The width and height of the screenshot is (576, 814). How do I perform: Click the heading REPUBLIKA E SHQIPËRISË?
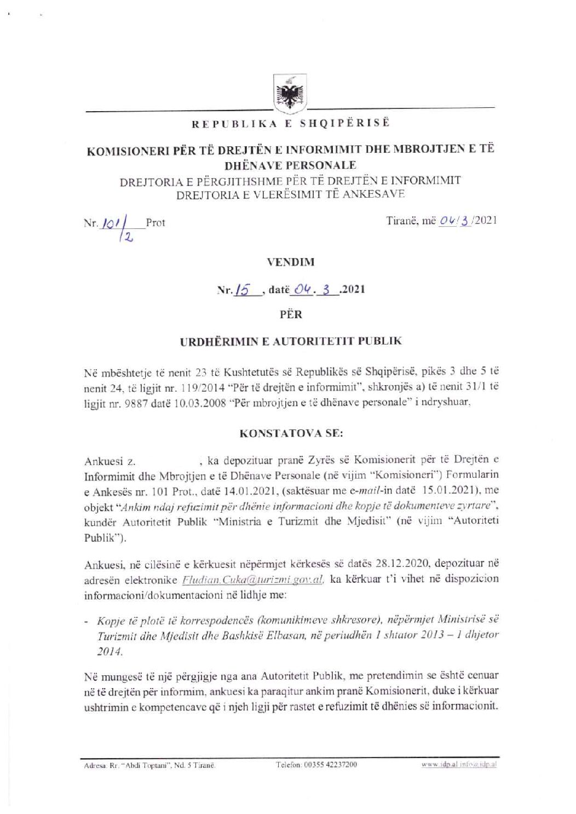(x=291, y=123)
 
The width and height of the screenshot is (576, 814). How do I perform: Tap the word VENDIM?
(x=291, y=262)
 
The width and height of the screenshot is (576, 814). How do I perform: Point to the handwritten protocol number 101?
(x=107, y=222)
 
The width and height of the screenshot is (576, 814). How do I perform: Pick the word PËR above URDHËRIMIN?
(x=291, y=314)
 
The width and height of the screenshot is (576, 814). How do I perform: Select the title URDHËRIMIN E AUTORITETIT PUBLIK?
(x=291, y=341)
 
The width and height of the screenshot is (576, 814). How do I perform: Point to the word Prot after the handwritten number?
(x=155, y=223)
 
